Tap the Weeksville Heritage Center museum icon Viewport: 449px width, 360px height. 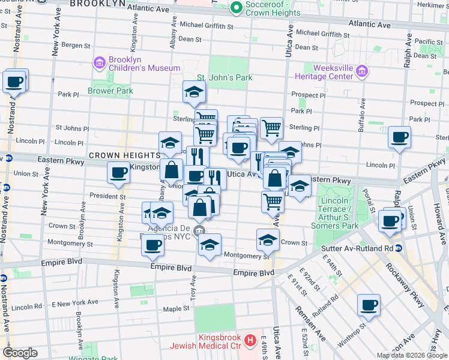(x=362, y=73)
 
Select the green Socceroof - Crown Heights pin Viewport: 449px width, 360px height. (x=236, y=8)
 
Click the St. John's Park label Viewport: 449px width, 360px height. (x=224, y=77)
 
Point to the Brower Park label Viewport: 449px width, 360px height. (x=110, y=91)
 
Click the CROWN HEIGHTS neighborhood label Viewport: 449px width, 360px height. (x=116, y=155)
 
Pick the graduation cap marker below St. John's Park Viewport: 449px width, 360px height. (x=194, y=92)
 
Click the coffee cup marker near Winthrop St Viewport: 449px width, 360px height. (x=368, y=305)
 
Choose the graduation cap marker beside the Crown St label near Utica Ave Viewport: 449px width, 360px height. (x=268, y=240)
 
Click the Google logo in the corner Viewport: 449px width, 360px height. (x=20, y=353)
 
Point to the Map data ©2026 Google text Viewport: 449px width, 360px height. (x=412, y=355)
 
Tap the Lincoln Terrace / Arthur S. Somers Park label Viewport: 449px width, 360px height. (x=334, y=212)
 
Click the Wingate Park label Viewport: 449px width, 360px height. (x=100, y=359)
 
